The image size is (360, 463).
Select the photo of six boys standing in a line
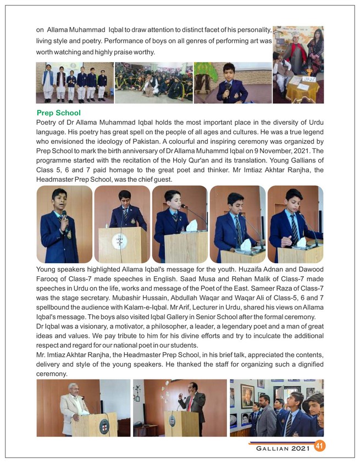[75, 83]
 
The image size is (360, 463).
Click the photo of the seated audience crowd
[154, 83]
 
